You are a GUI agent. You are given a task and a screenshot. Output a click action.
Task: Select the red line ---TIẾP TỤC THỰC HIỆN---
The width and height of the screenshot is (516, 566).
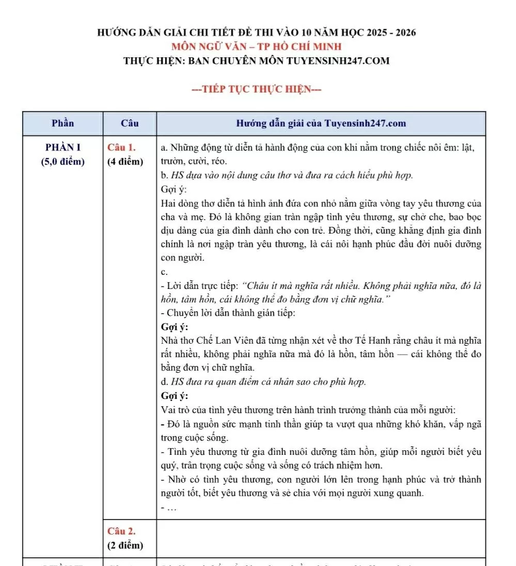click(257, 89)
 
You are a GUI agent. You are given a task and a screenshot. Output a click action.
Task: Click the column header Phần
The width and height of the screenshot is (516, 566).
click(63, 124)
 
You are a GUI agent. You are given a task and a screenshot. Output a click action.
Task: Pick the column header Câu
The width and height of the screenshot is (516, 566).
click(130, 124)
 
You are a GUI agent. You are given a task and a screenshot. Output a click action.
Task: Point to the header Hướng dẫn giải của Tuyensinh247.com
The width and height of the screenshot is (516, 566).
click(321, 124)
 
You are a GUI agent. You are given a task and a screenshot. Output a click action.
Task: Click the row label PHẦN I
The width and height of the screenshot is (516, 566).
click(63, 147)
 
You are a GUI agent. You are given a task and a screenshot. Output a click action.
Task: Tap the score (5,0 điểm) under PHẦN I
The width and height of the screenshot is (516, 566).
click(63, 161)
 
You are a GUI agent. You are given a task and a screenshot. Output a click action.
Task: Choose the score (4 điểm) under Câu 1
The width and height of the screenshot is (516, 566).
click(126, 161)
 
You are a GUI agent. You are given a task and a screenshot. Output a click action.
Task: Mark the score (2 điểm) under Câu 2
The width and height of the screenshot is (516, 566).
click(126, 545)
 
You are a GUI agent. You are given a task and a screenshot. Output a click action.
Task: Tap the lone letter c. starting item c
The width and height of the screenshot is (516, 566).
click(164, 271)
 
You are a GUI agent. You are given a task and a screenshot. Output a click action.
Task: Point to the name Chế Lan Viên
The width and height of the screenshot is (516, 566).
click(224, 341)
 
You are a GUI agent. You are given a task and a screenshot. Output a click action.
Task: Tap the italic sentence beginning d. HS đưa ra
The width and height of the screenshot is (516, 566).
click(263, 382)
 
